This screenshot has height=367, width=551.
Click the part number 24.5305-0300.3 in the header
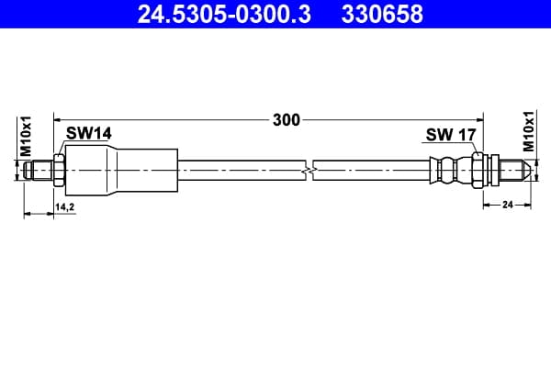click(x=224, y=14)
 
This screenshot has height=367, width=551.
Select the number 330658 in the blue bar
click(x=382, y=14)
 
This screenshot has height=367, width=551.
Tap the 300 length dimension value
click(x=287, y=120)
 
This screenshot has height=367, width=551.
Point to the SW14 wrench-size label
click(x=89, y=133)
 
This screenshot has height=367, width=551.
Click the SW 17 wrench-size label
click(x=451, y=135)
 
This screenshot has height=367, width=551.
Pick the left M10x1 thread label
click(x=26, y=137)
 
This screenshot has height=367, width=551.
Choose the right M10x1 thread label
click(x=529, y=131)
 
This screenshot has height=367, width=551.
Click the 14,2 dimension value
click(x=64, y=207)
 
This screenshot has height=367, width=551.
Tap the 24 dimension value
click(x=508, y=205)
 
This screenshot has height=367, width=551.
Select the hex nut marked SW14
click(x=59, y=171)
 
